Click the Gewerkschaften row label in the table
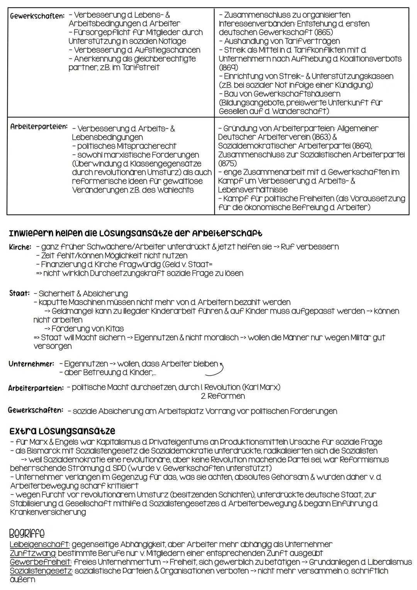click(37, 16)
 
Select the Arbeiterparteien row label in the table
click(39, 127)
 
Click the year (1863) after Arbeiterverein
click(319, 137)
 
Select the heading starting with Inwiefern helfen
click(135, 233)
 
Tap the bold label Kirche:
click(20, 247)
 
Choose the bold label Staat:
click(19, 293)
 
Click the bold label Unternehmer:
click(31, 364)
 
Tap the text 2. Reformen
click(223, 396)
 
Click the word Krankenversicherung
click(48, 512)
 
